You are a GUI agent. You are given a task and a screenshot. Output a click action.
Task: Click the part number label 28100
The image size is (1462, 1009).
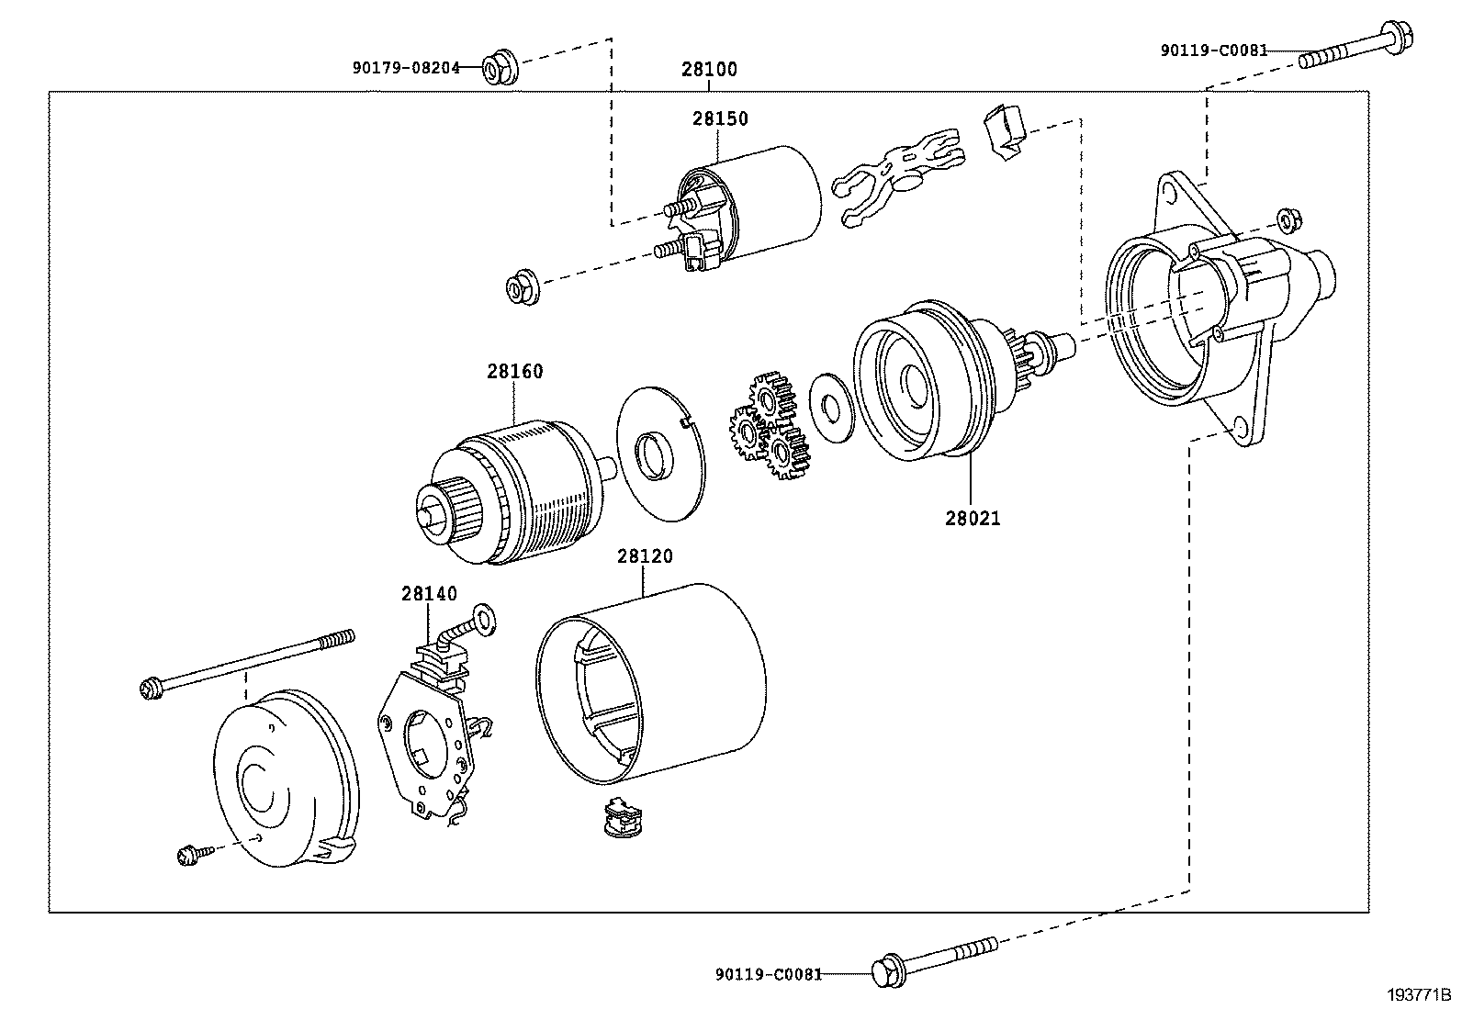(x=709, y=70)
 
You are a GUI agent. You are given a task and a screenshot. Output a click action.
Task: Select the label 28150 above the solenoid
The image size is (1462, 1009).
(x=720, y=119)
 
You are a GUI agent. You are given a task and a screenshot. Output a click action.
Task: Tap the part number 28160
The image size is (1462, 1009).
(x=514, y=372)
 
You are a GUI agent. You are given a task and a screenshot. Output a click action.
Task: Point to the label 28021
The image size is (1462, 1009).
(x=973, y=518)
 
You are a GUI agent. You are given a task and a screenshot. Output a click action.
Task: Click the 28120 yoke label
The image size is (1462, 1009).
(x=644, y=556)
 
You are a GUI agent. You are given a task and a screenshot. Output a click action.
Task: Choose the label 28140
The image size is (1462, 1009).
(x=428, y=594)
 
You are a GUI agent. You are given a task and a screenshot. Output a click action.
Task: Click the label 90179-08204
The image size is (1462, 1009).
(x=405, y=67)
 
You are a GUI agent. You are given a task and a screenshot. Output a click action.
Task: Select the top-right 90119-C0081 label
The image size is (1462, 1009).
(x=1213, y=50)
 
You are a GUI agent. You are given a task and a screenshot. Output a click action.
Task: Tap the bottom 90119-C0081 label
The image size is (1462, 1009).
(x=768, y=973)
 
